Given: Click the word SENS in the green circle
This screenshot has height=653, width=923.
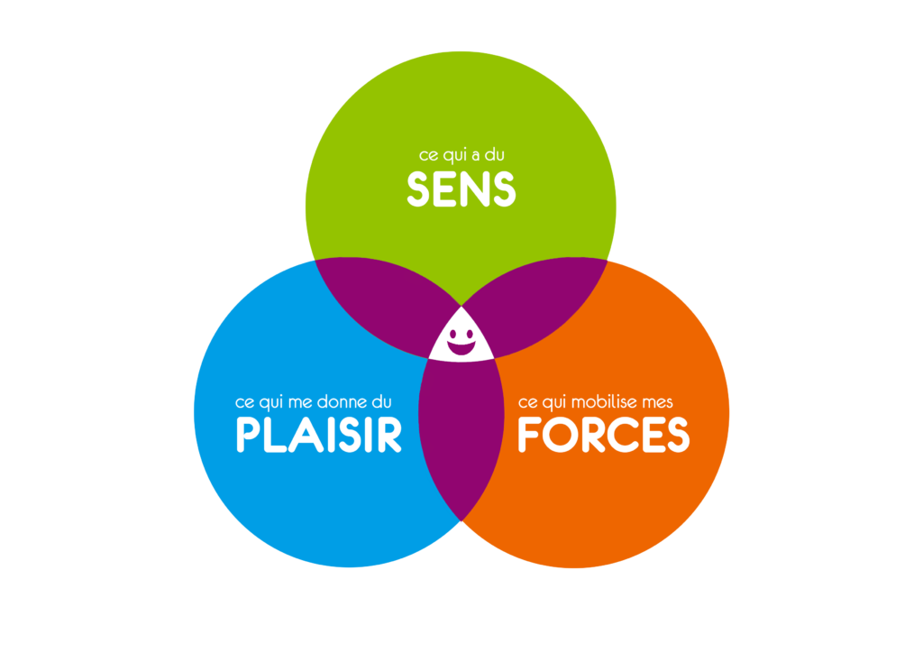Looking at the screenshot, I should click(x=461, y=189).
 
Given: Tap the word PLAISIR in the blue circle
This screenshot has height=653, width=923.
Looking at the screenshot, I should click(x=318, y=435).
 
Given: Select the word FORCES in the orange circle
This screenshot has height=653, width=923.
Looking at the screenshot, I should click(x=602, y=435).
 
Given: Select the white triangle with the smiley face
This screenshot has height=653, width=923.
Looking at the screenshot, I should click(x=461, y=336).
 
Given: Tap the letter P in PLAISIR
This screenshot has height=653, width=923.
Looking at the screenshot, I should click(x=248, y=435).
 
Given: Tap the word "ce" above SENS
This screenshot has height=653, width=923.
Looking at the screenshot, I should click(x=428, y=156).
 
